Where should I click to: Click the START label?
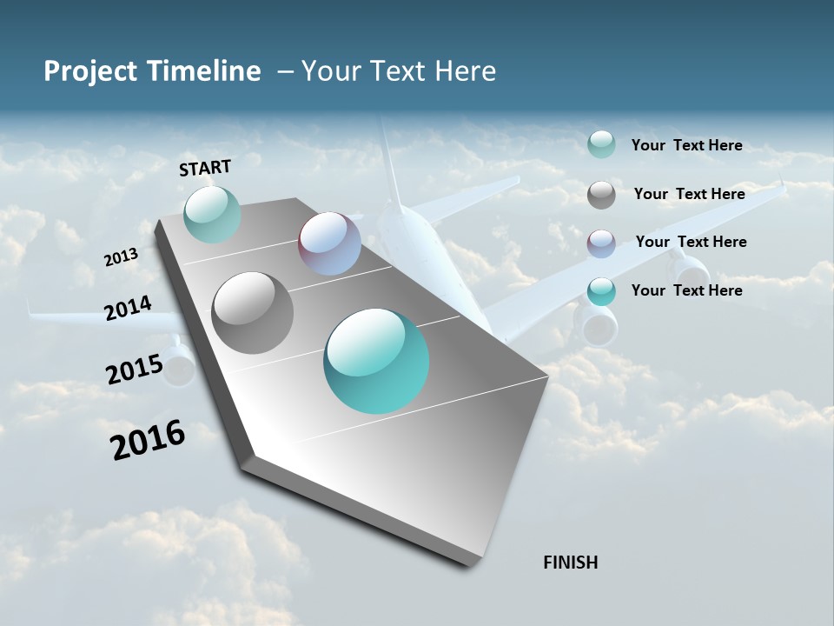pyautogui.click(x=205, y=168)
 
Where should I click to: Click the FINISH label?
pyautogui.click(x=570, y=563)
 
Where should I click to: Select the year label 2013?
pyautogui.click(x=121, y=257)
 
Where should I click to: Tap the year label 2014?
pyautogui.click(x=129, y=309)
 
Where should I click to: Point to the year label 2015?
pyautogui.click(x=135, y=369)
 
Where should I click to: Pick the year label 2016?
pyautogui.click(x=148, y=440)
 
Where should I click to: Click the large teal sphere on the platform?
pyautogui.click(x=376, y=361)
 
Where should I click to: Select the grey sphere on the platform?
pyautogui.click(x=253, y=313)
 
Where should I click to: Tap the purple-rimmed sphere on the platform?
pyautogui.click(x=329, y=243)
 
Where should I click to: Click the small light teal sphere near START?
pyautogui.click(x=212, y=214)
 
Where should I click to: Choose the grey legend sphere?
pyautogui.click(x=601, y=195)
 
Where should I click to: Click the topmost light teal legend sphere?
pyautogui.click(x=601, y=144)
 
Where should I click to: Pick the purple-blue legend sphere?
pyautogui.click(x=601, y=243)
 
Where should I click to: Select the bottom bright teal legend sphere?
pyautogui.click(x=601, y=291)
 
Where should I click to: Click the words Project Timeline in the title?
pyautogui.click(x=152, y=71)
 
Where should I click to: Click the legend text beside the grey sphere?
pyautogui.click(x=689, y=194)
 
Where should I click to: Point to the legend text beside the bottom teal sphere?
pyautogui.click(x=686, y=290)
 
